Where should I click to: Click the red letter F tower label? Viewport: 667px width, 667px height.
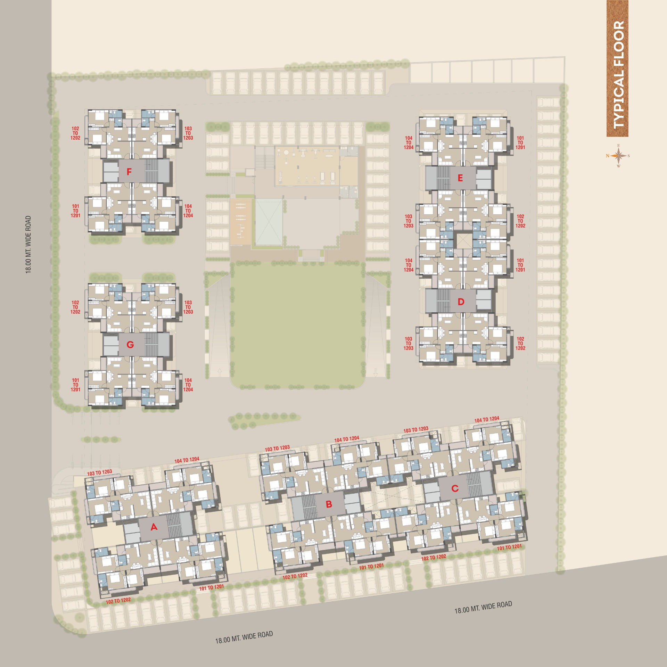pos(129,172)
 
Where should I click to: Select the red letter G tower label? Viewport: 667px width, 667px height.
pos(130,345)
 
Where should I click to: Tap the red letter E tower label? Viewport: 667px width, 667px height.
pos(460,178)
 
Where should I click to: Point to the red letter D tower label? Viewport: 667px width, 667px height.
pos(461,302)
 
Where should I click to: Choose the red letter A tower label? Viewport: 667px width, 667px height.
pos(154,527)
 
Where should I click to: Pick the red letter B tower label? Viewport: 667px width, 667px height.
pos(329,504)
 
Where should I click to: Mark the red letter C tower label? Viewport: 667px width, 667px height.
pos(455,488)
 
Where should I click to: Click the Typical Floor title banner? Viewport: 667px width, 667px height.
pos(617,68)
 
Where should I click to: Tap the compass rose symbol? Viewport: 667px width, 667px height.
pos(618,156)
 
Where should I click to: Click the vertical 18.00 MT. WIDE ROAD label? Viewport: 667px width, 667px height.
pos(28,245)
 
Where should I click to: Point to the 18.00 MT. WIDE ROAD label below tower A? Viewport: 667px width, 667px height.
pos(244,637)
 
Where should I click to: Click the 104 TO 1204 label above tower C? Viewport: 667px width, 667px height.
pos(487,419)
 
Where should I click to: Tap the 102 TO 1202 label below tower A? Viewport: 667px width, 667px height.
pos(118,601)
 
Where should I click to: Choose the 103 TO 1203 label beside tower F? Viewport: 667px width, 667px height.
pos(188,133)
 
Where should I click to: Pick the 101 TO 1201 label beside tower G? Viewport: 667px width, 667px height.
pos(75,385)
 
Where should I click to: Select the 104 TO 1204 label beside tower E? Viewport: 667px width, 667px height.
pos(409,143)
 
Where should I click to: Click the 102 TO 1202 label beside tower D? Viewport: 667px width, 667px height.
pos(520,343)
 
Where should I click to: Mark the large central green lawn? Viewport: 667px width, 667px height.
pos(297,325)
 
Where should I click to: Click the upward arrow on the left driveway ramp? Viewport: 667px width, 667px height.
pos(220,372)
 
